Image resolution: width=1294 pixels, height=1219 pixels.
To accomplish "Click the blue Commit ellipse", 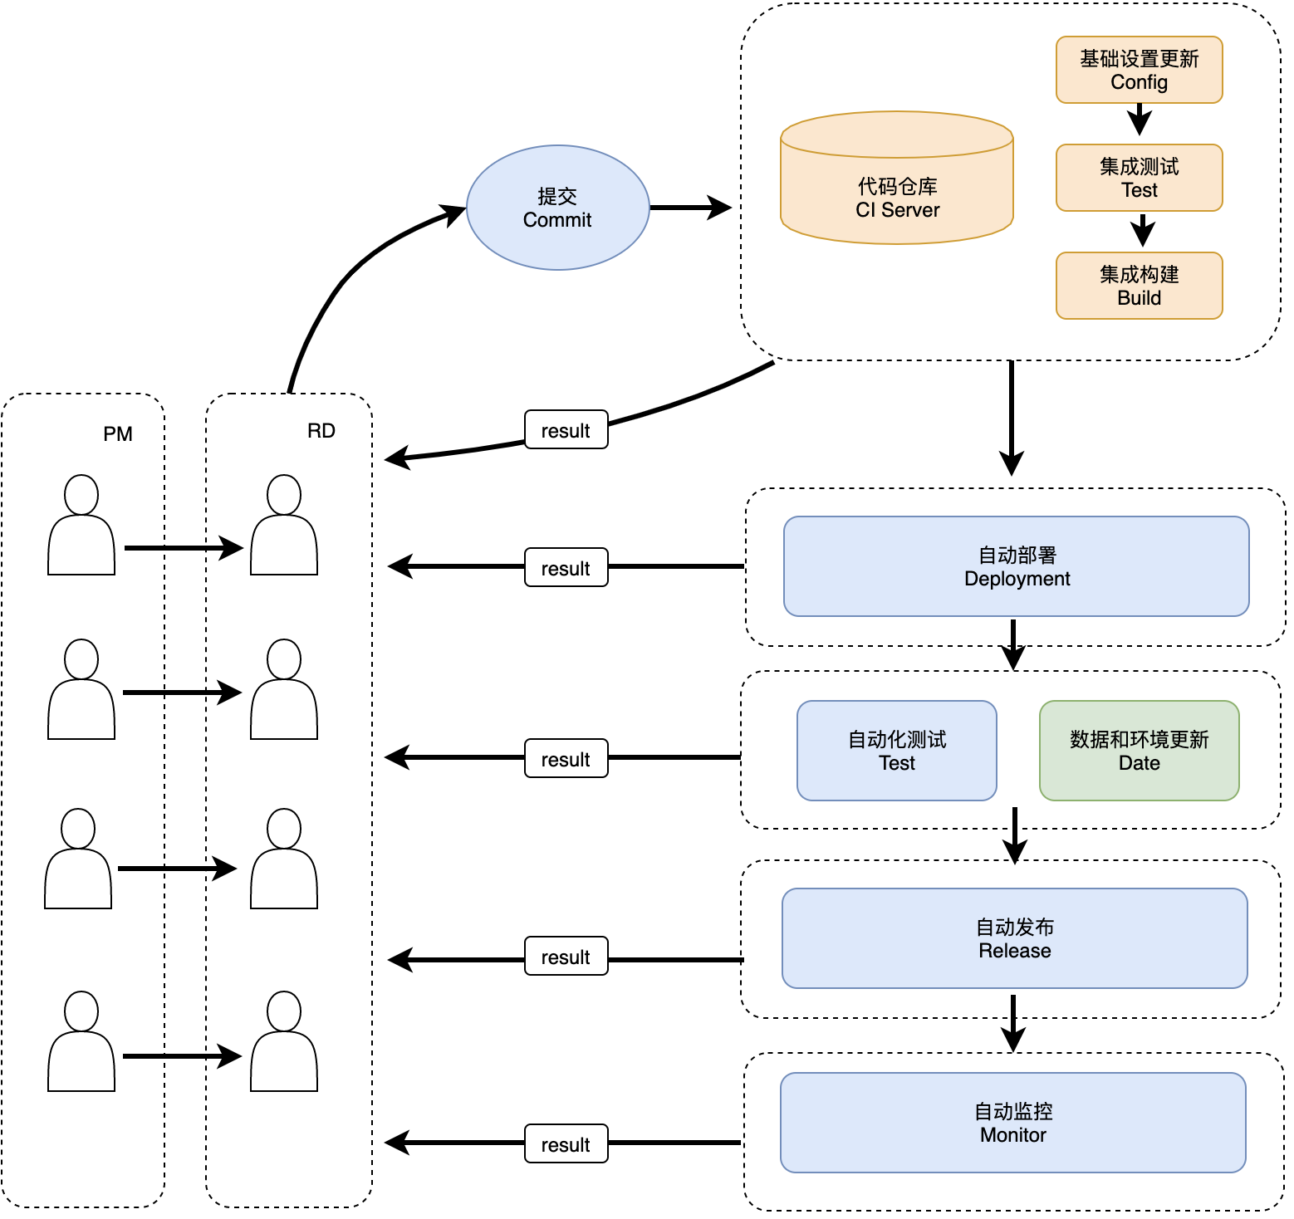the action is click(557, 208).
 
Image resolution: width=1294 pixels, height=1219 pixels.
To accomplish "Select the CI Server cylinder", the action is click(897, 178).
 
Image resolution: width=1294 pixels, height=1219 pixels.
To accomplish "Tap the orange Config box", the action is click(1140, 70).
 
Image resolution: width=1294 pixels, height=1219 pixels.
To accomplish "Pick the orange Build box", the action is click(1140, 286).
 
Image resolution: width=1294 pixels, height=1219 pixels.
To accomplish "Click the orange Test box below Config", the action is click(1140, 178).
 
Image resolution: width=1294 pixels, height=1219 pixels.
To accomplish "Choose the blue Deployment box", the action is click(1017, 566).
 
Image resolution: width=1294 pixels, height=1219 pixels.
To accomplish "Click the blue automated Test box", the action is click(897, 751).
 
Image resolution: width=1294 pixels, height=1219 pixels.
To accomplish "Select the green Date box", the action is click(1140, 751).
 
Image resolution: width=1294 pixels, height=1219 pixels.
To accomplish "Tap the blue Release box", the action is click(1015, 938).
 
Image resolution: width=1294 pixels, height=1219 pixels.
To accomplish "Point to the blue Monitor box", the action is click(1013, 1123).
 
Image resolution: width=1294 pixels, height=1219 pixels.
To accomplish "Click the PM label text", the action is click(118, 434).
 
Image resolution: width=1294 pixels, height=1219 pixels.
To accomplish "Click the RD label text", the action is click(321, 431).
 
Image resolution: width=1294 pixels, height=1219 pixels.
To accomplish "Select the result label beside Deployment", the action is click(566, 567).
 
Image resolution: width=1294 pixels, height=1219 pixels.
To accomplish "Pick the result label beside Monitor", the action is click(566, 1143).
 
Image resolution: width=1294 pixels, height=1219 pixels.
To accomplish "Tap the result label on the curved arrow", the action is click(566, 429).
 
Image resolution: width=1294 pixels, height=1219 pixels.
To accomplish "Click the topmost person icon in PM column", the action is click(81, 525).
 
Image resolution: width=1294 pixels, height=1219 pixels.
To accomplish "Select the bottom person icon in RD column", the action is click(284, 1041).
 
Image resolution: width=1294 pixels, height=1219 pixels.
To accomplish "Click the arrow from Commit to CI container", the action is click(691, 208).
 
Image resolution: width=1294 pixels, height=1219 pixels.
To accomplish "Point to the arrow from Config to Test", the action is click(1140, 120).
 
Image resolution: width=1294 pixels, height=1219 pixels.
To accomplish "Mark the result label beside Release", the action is click(566, 956).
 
